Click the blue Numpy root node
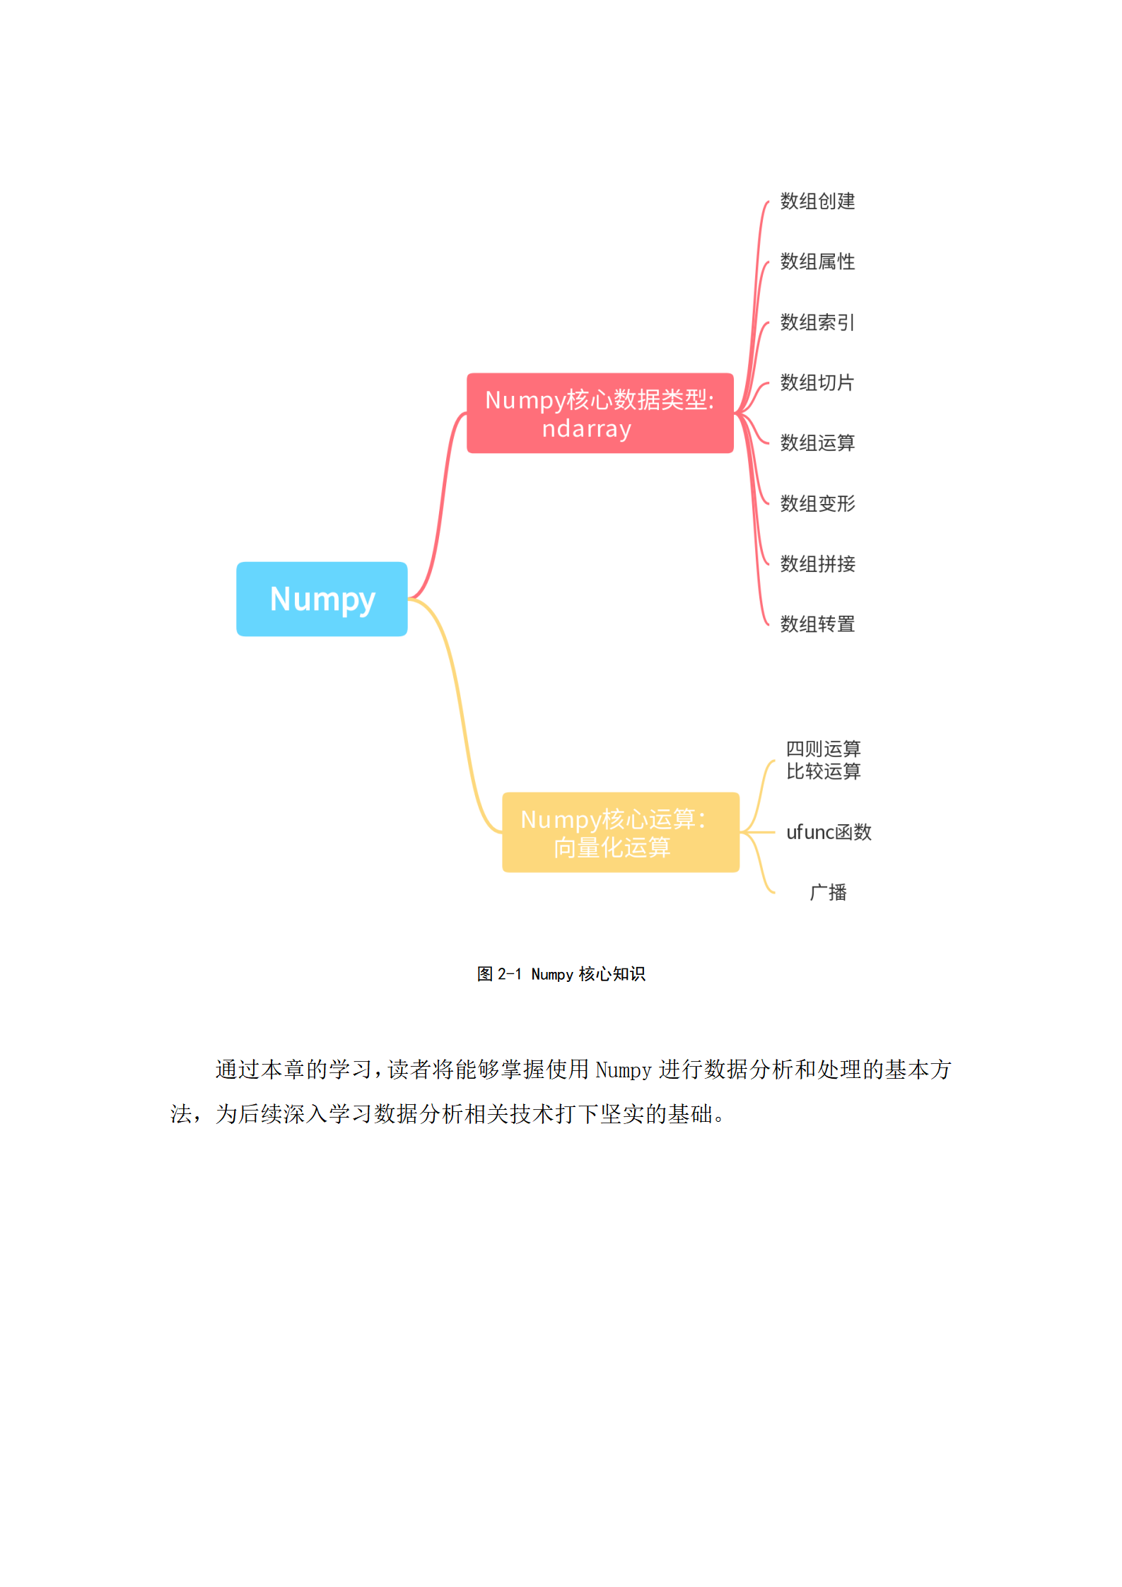click(322, 599)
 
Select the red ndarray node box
click(600, 414)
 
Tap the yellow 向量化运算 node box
click(620, 832)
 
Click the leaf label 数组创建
click(817, 201)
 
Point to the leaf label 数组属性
click(817, 262)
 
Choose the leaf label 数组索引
click(817, 322)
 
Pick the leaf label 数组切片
click(817, 382)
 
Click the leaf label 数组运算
click(817, 443)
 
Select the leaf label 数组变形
click(817, 503)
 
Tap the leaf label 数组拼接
click(817, 564)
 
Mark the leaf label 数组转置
click(817, 624)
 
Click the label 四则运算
click(823, 749)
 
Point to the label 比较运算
click(823, 771)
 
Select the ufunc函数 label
click(829, 832)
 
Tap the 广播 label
click(828, 892)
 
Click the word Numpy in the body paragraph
click(623, 1070)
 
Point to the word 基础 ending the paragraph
click(691, 1114)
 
